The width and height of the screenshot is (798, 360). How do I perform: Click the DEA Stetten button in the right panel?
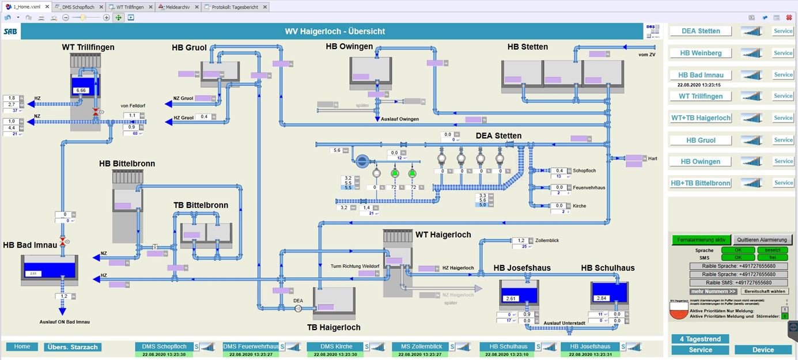tap(701, 31)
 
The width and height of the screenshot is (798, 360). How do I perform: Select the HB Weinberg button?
tap(701, 53)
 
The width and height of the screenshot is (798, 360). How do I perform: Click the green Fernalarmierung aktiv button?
tap(701, 240)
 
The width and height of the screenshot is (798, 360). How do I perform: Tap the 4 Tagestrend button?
tap(700, 339)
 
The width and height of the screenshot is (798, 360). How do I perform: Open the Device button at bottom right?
tap(763, 350)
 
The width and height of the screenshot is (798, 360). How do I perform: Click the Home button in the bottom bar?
tap(22, 347)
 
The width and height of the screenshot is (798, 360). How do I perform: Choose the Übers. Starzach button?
tap(73, 347)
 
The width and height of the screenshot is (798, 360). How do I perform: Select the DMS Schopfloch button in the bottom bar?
tap(164, 347)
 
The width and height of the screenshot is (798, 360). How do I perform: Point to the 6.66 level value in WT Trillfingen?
tap(81, 90)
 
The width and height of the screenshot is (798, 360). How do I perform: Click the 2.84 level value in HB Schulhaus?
tap(602, 298)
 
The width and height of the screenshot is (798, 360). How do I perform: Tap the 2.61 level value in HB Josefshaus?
tap(510, 298)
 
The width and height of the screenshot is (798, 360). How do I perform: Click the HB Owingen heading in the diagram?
tap(349, 47)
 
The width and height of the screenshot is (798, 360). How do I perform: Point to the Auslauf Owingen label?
tap(400, 119)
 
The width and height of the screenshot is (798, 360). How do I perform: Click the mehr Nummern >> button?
tap(713, 291)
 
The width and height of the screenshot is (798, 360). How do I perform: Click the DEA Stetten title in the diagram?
tap(498, 136)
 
